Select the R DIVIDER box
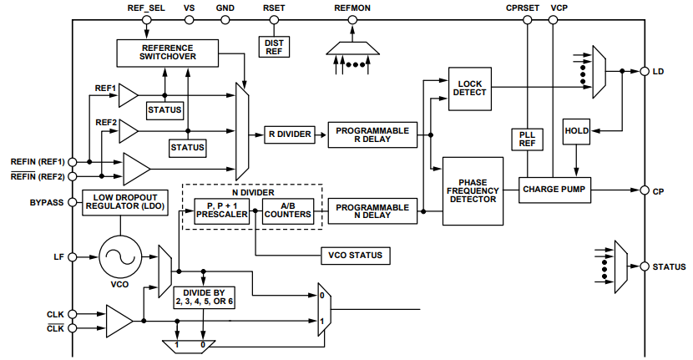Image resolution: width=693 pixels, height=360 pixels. (x=289, y=134)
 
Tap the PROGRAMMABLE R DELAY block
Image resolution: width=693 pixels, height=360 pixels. (x=372, y=134)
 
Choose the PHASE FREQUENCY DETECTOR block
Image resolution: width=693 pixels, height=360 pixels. (x=473, y=190)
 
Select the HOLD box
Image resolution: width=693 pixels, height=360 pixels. (x=577, y=131)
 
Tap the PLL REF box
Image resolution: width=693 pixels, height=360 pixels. (x=526, y=139)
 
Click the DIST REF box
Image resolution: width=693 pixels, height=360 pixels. (x=274, y=46)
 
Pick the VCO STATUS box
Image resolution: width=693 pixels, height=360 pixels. (x=355, y=254)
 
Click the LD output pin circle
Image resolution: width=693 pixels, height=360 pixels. (x=644, y=72)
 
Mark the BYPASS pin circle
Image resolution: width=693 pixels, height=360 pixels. (x=73, y=202)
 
